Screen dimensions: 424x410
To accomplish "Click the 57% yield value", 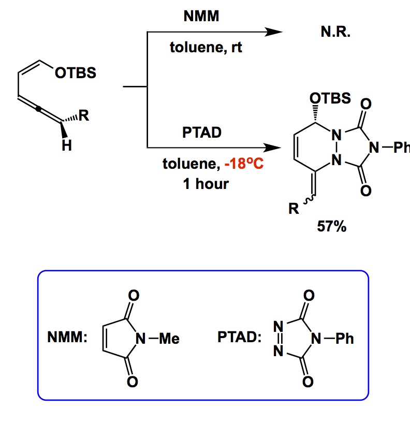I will coord(332,226).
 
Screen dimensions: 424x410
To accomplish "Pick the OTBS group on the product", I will coord(329,98).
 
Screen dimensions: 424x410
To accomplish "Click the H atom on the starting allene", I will coord(66,147).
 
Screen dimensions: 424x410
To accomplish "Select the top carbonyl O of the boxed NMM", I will coord(133,296).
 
